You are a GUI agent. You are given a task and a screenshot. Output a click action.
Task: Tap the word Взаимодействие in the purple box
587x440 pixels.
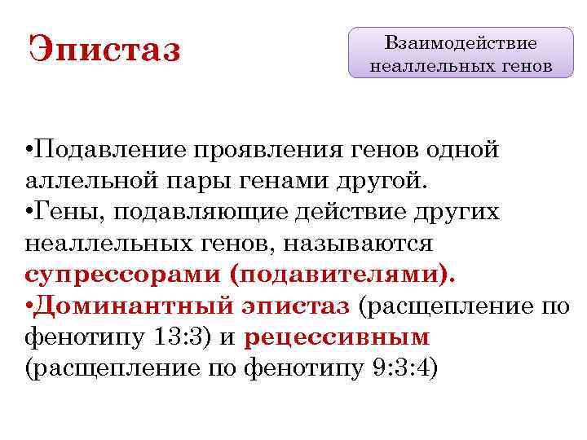tap(461, 42)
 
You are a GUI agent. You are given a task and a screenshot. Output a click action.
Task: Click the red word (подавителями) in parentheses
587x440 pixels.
tap(342, 275)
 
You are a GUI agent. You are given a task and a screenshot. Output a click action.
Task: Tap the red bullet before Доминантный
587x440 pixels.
tap(29, 306)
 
